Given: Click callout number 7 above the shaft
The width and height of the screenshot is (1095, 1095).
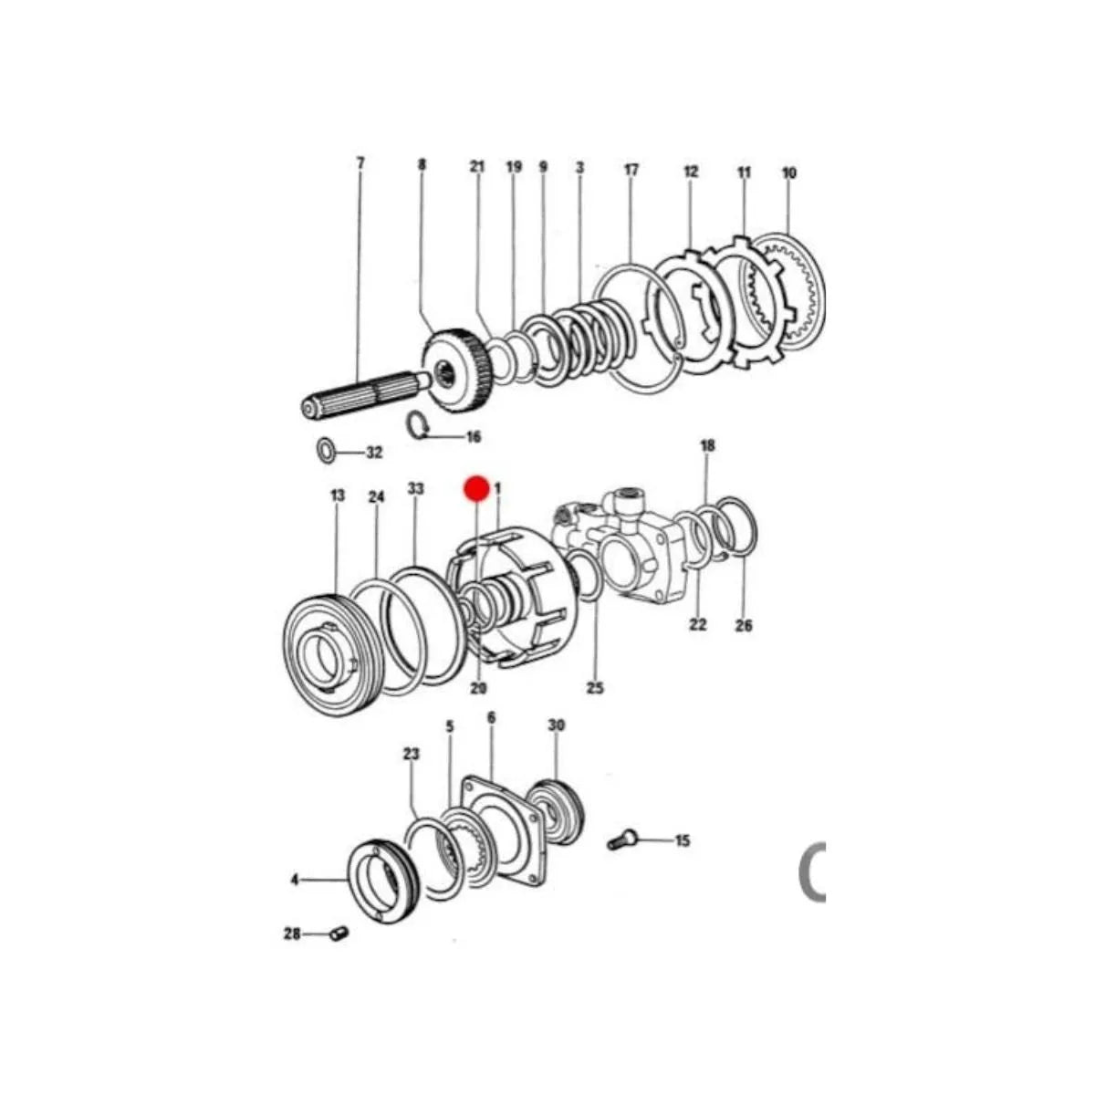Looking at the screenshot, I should pos(360,163).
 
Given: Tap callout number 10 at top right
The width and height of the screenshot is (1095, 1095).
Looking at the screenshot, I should pos(789,172).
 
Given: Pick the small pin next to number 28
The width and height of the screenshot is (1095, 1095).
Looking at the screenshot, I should pos(338,934).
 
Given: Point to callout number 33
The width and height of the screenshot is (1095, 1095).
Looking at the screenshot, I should pos(416,489).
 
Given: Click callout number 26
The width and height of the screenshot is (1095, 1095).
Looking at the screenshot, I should pos(745,626).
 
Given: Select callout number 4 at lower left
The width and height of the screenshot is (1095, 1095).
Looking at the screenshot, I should pos(295,880).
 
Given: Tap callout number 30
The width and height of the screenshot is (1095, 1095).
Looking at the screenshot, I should pos(557,725).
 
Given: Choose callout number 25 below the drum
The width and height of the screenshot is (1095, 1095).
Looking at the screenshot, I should pos(595,688).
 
